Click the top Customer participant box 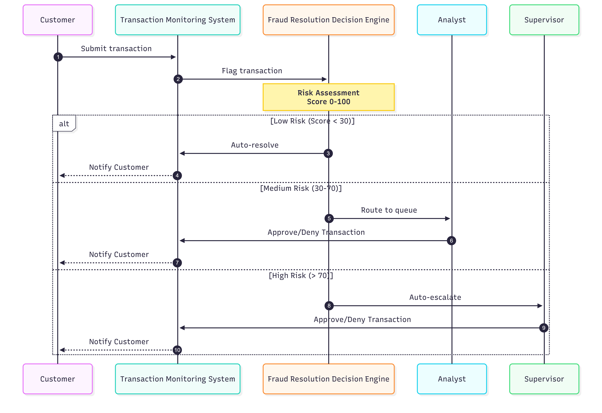click(58, 20)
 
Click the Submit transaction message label click(116, 49)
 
